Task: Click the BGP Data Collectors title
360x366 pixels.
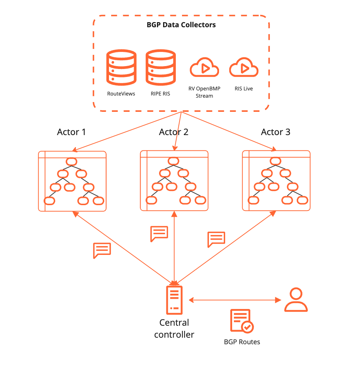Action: pos(181,25)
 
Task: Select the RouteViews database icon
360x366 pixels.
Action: pos(121,68)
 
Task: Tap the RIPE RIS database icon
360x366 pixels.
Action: pos(161,68)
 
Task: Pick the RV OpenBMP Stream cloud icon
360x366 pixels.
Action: pos(204,67)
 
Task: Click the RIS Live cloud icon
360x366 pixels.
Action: pos(244,67)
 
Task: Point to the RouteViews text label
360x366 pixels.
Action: pos(121,94)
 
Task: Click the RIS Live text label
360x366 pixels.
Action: pos(244,89)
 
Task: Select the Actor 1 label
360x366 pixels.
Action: pos(71,132)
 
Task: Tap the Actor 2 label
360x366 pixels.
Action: pos(174,132)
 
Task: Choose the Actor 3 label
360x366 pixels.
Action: pos(275,132)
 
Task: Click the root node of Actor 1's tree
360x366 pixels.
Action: pos(72,162)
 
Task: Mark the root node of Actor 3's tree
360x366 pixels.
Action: pos(275,161)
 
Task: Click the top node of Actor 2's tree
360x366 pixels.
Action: pos(174,161)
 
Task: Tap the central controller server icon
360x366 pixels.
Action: pos(174,300)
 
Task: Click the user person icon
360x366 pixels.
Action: pos(296,300)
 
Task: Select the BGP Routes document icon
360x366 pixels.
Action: pos(242,321)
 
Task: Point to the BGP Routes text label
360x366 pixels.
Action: pos(242,342)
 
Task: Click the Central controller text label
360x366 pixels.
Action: pos(174,329)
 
